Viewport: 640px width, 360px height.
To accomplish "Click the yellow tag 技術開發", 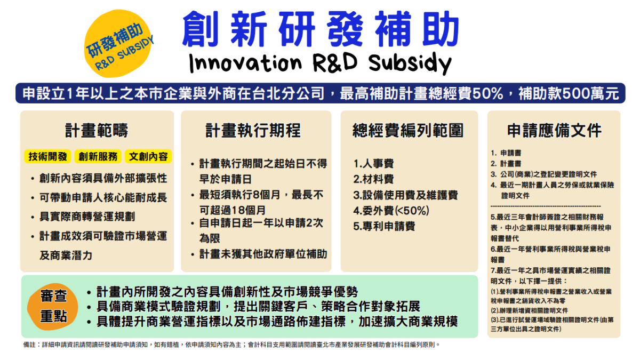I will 48,156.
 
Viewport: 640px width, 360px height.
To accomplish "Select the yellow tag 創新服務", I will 98,156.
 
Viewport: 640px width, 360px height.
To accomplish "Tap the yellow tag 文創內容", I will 148,156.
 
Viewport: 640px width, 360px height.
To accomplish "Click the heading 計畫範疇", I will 97,130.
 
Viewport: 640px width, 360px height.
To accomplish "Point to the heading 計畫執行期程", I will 253,130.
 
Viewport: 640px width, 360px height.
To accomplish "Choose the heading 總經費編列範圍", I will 408,130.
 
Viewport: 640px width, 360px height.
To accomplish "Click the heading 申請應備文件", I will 554,130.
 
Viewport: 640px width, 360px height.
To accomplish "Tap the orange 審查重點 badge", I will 53,306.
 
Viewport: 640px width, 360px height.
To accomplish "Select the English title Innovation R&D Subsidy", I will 320,62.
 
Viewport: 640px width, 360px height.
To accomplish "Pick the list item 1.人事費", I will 373,163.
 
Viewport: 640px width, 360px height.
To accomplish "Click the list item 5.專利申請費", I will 384,226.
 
